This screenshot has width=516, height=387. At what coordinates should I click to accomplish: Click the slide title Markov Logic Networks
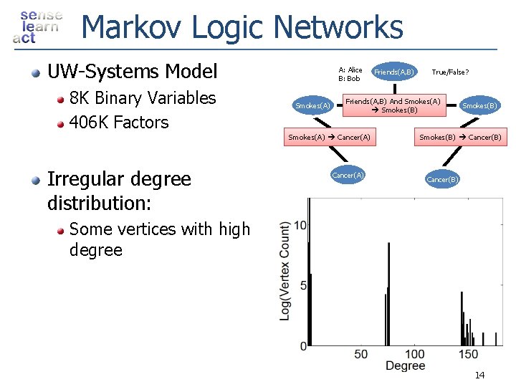242,28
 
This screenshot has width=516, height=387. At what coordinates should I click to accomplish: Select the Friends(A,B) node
393,72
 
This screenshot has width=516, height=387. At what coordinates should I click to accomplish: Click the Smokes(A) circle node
312,106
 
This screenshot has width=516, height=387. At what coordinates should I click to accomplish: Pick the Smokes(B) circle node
479,106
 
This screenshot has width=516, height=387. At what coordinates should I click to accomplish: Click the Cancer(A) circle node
348,175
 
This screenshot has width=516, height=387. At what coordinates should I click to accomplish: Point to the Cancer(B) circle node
442,179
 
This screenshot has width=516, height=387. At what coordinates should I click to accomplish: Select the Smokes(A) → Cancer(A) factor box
329,137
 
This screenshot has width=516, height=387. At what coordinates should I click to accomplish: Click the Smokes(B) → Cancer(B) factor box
460,137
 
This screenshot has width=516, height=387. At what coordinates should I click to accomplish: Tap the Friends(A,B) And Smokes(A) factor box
393,105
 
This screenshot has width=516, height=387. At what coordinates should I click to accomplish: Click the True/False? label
450,72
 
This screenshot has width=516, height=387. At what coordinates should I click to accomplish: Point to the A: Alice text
350,70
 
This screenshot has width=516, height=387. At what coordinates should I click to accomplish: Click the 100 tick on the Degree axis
414,354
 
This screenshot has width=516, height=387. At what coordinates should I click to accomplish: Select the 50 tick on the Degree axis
361,354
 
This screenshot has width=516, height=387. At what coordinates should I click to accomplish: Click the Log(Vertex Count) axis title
286,271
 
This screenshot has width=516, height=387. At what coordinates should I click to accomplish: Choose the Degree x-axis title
405,366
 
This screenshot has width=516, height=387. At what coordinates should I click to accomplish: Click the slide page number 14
479,376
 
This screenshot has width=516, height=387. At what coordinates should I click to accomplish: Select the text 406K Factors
118,123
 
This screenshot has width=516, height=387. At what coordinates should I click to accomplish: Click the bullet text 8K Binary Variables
142,98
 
